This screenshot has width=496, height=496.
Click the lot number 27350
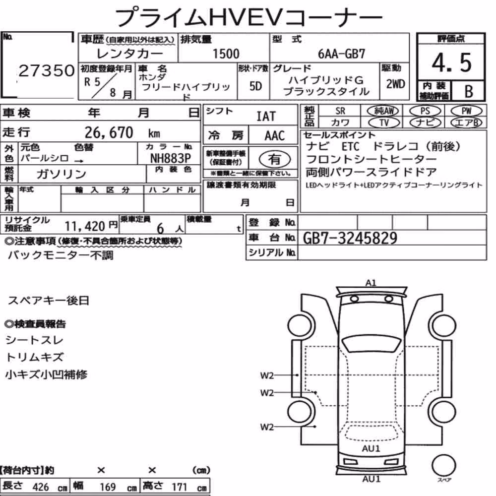pyautogui.click(x=47, y=70)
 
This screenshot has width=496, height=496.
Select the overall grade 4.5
pyautogui.click(x=451, y=62)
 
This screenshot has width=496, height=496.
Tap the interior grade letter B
pyautogui.click(x=469, y=91)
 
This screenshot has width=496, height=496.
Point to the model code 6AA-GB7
pyautogui.click(x=341, y=54)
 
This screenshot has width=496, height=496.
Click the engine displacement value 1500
pyautogui.click(x=226, y=54)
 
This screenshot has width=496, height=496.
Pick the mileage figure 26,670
pyautogui.click(x=109, y=132)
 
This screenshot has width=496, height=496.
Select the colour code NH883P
pyautogui.click(x=171, y=158)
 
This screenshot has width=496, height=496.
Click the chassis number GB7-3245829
pyautogui.click(x=350, y=238)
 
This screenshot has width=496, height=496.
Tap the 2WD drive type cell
pyautogui.click(x=395, y=84)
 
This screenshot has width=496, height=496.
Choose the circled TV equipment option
pyautogui.click(x=384, y=123)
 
